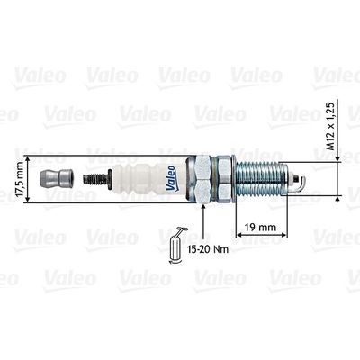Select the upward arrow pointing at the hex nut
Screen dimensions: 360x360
pos(205,216)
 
